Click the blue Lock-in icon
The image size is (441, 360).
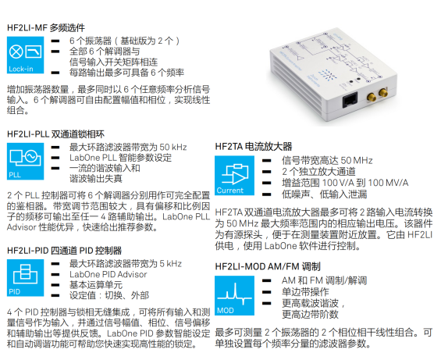(25, 55)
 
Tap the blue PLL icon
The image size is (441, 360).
(25, 162)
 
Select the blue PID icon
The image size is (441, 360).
(25, 278)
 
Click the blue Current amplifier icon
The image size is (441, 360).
(235, 176)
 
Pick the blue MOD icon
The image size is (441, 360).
(235, 295)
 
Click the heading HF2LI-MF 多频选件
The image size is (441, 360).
(46, 28)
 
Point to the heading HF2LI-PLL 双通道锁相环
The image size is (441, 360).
(55, 134)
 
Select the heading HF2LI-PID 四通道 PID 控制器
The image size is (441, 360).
(65, 251)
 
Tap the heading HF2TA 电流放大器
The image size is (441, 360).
(254, 146)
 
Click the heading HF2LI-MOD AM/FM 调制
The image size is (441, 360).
(268, 266)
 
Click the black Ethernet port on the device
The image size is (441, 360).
(350, 100)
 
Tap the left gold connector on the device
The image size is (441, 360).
(372, 98)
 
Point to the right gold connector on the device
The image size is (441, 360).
(382, 93)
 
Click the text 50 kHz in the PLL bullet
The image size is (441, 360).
(173, 147)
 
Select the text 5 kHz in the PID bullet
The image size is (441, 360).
(171, 263)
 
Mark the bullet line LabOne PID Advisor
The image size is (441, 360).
(108, 274)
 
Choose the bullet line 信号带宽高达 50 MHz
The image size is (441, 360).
(327, 160)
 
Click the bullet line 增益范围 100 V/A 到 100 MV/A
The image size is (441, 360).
(345, 183)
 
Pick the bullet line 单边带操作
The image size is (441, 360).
(305, 291)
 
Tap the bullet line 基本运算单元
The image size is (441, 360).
(96, 285)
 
